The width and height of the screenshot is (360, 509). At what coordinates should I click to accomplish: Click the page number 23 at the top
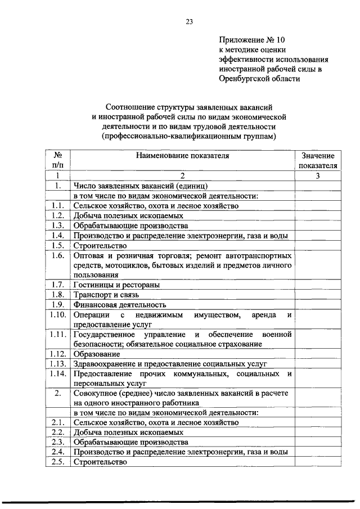pos(189,22)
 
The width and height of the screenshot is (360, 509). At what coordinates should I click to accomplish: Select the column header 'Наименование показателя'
pos(181,156)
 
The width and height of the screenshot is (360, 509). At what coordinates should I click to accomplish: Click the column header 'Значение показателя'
pos(317,161)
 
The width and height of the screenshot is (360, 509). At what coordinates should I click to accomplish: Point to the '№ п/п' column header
pos(57,161)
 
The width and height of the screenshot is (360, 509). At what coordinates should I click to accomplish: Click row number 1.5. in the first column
pos(57,245)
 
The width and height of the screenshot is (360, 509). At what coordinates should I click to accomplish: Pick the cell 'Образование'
pos(96,354)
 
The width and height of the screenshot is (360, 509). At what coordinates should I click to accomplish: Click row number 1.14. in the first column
pos(57,373)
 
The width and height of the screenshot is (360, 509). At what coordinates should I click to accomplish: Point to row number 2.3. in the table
pos(57,443)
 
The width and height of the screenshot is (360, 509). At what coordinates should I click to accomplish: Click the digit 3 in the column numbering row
pos(317,176)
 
